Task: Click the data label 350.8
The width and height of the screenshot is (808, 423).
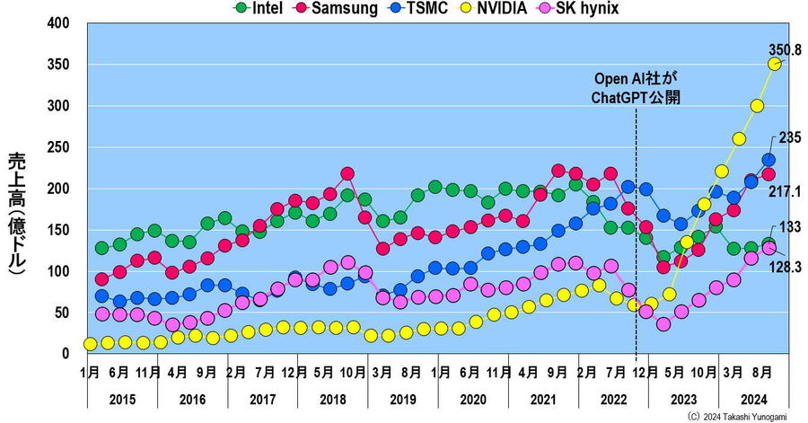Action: (784, 49)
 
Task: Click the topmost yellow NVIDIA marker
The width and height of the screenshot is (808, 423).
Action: (774, 64)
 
